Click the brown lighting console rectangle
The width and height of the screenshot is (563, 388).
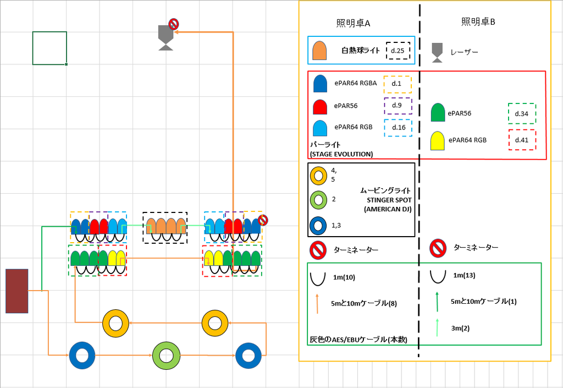tap(16, 291)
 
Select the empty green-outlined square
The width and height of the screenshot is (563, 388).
tap(49, 48)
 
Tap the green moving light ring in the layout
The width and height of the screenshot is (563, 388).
tap(166, 356)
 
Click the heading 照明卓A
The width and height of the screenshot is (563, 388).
tap(353, 23)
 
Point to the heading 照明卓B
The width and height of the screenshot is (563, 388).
tap(478, 22)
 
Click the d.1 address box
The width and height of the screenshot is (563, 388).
tap(396, 84)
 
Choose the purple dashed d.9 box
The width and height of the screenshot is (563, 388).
tap(396, 105)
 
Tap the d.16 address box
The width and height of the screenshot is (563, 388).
tap(398, 127)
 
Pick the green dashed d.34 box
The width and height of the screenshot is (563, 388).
tap(521, 113)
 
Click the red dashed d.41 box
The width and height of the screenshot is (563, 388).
tap(521, 140)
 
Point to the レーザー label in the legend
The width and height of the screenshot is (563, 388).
tap(464, 52)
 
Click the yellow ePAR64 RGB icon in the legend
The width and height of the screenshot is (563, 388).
tap(438, 141)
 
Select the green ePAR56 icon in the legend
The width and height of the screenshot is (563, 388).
tap(438, 113)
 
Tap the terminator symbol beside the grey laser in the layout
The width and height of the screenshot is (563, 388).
tap(173, 24)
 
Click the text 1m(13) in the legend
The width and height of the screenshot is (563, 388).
tap(465, 275)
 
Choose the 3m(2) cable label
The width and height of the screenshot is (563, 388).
tap(460, 328)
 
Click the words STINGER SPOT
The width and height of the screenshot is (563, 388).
tap(389, 200)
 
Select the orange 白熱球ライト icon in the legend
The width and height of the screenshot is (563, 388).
tap(319, 51)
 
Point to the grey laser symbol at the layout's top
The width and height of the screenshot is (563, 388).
tap(165, 37)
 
